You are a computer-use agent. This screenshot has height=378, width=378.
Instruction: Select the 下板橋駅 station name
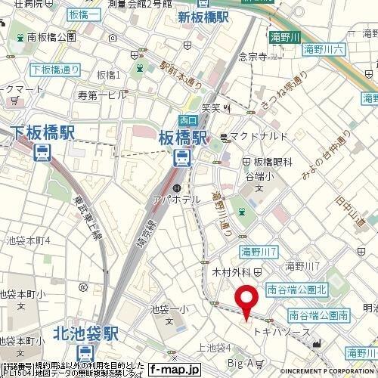[43, 134]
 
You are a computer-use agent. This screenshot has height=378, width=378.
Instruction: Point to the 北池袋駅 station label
[86, 332]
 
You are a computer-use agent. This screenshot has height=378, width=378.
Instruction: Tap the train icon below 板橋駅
[182, 157]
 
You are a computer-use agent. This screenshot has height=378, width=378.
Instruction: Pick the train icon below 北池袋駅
[86, 352]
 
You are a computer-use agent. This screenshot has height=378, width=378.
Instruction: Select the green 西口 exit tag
[188, 119]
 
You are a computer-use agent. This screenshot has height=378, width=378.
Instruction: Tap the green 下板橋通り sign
[54, 70]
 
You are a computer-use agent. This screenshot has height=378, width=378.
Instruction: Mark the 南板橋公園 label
[51, 36]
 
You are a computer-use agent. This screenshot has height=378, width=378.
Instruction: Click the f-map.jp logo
[174, 370]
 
